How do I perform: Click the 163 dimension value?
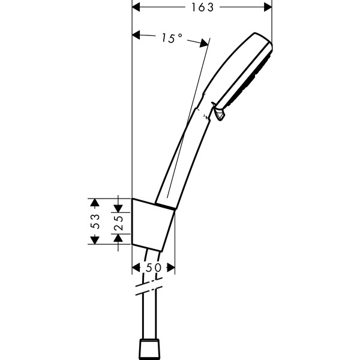pyautogui.click(x=203, y=7)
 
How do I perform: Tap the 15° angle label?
pyautogui.click(x=172, y=38)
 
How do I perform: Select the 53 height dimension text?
pyautogui.click(x=95, y=221)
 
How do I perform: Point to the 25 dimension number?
pyautogui.click(x=118, y=223)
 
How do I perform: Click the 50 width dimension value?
pyautogui.click(x=154, y=268)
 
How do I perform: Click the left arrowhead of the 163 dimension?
pyautogui.click(x=136, y=7)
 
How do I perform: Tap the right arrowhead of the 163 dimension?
pyautogui.click(x=268, y=7)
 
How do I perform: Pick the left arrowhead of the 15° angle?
pyautogui.click(x=136, y=35)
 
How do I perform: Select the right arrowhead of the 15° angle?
pyautogui.click(x=204, y=43)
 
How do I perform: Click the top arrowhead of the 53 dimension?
pyautogui.click(x=94, y=203)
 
